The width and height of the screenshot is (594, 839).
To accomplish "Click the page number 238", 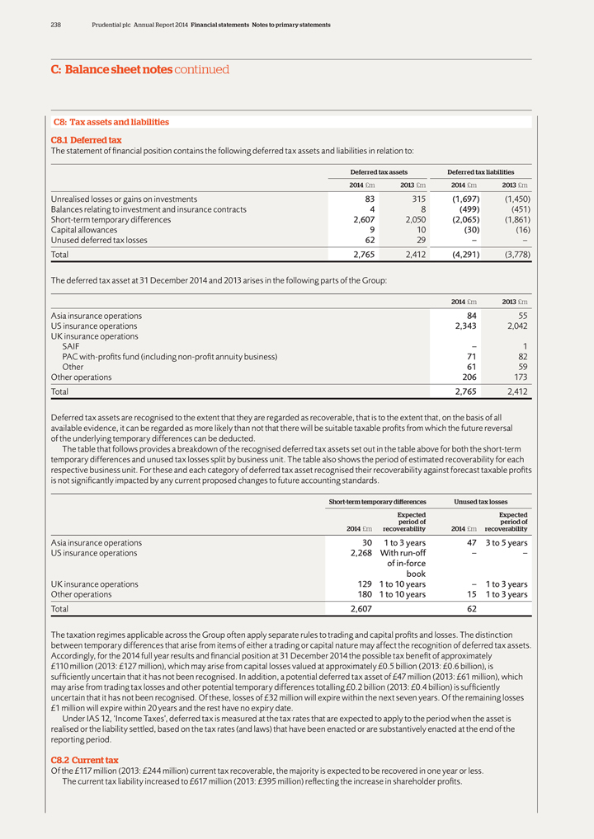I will pyautogui.click(x=56, y=25).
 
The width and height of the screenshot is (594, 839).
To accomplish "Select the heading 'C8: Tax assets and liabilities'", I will pyautogui.click(x=111, y=122).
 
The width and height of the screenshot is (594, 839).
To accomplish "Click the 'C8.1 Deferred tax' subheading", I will pyautogui.click(x=86, y=140).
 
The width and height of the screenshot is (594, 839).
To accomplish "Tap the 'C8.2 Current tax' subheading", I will pyautogui.click(x=84, y=760).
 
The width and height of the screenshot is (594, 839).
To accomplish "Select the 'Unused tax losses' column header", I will pyautogui.click(x=480, y=501).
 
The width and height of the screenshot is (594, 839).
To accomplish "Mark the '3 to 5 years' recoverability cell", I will pyautogui.click(x=507, y=543).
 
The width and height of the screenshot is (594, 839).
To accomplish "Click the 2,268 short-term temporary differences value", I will pyautogui.click(x=360, y=553).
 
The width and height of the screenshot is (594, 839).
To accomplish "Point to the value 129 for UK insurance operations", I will pyautogui.click(x=363, y=584).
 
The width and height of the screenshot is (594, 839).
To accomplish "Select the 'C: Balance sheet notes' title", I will pyautogui.click(x=111, y=70).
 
